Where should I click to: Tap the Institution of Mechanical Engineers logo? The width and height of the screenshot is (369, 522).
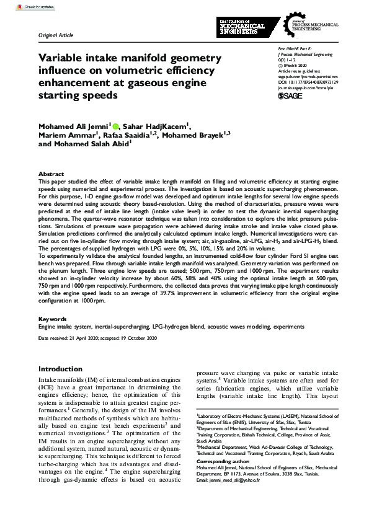click(242, 27)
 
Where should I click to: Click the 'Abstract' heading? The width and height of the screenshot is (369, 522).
click(51, 174)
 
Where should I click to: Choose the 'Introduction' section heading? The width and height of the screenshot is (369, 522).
click(60, 369)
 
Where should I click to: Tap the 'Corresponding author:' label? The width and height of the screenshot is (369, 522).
click(223, 462)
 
